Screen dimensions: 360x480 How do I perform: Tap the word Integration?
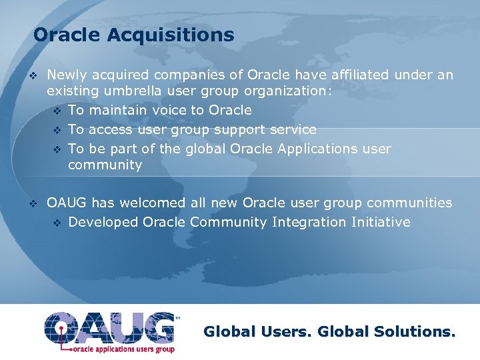pyautogui.click(x=309, y=222)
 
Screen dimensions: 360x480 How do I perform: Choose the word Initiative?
pyautogui.click(x=381, y=222)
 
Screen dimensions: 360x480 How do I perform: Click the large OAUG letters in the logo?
pyautogui.click(x=109, y=327)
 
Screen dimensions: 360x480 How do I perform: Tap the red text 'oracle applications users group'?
pyautogui.click(x=123, y=349)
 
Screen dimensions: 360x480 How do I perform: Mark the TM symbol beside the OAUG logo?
pyautogui.click(x=177, y=319)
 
